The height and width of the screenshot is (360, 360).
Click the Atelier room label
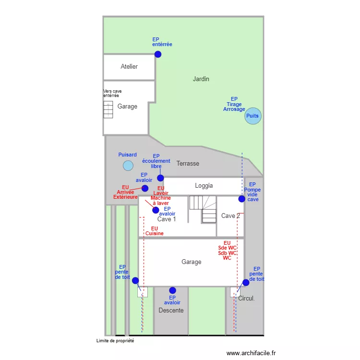129,67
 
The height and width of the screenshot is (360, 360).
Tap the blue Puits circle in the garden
253,116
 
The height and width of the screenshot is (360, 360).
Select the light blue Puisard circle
128,166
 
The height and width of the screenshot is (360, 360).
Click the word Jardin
201,79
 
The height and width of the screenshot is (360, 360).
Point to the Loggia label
204,186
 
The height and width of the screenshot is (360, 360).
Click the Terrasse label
188,164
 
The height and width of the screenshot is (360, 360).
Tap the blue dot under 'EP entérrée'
158,54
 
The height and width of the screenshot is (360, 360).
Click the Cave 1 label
167,219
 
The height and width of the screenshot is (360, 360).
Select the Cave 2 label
230,216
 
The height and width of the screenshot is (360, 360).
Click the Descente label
171,311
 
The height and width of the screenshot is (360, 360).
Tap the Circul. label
246,299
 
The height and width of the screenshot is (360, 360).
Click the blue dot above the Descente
172,290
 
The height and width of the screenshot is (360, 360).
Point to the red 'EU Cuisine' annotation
155,231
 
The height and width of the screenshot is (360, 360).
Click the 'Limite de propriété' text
115,341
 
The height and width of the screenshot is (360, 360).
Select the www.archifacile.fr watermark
251,353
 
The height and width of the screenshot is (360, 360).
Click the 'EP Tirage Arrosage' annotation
234,104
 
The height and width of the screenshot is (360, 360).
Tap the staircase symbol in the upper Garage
108,109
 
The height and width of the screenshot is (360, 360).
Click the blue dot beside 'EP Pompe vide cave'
242,199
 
